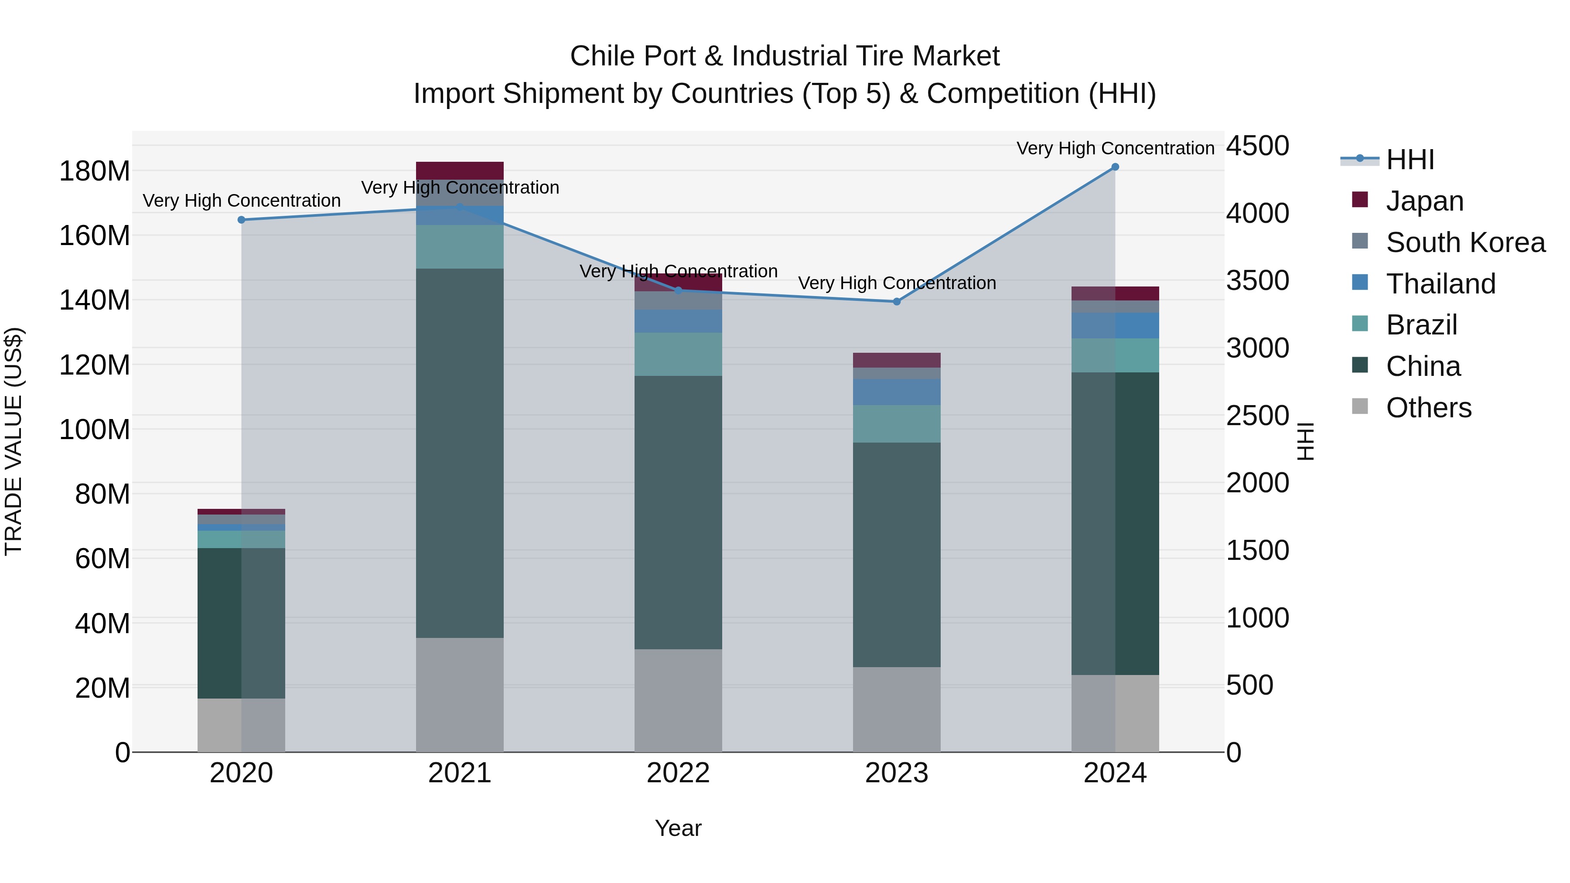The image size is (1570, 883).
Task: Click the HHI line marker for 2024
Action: point(1115,167)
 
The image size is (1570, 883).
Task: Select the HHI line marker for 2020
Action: point(241,219)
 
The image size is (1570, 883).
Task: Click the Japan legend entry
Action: point(1424,201)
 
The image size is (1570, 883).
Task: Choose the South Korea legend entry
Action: point(1465,242)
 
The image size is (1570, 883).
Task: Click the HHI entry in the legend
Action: point(1410,159)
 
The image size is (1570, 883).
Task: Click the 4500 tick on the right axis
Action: point(1257,146)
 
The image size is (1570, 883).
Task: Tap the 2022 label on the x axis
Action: point(678,773)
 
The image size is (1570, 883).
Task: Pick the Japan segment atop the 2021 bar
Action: point(460,170)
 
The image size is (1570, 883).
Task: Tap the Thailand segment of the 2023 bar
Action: point(897,392)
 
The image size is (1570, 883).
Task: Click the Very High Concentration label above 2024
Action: point(1115,148)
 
